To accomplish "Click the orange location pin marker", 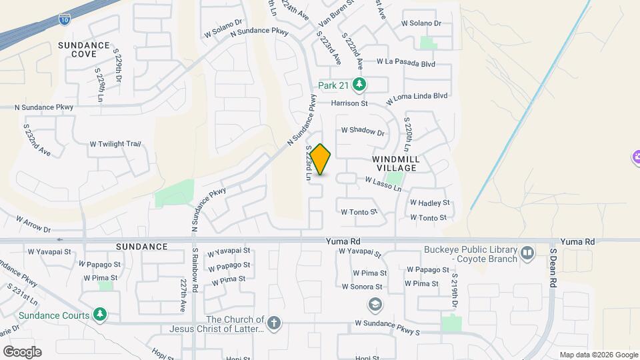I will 321,159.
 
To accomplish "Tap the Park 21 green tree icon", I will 360,85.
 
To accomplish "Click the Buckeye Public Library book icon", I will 527,253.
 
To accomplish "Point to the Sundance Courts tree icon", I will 100,315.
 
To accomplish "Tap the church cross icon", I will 274,324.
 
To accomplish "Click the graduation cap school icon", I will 375,305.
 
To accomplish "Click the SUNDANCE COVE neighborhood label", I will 83,49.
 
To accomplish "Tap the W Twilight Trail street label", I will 117,144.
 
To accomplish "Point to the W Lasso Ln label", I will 383,184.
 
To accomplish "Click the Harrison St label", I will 349,103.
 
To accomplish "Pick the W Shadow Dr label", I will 363,132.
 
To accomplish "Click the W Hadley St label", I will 430,203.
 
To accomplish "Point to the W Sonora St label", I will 361,287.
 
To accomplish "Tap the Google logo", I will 22,351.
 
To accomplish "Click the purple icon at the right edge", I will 635,157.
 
